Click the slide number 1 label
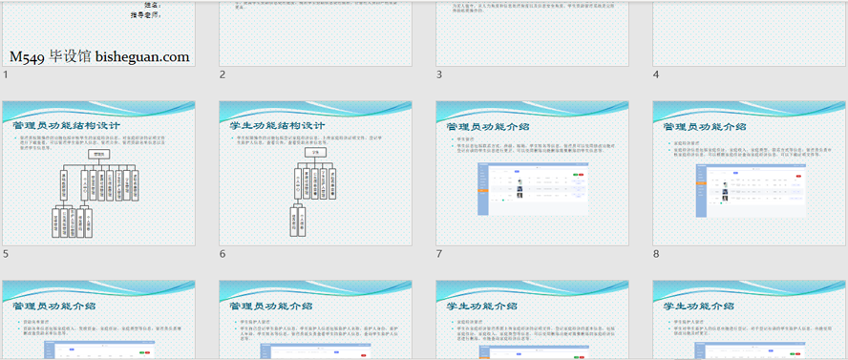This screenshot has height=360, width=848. coord(6,74)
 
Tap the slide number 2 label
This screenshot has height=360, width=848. coord(223,74)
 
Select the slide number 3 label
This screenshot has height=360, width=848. coord(439,74)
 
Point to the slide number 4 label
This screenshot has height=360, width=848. coord(656,74)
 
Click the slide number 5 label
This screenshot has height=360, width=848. coord(6,254)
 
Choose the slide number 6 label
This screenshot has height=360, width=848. coord(223,254)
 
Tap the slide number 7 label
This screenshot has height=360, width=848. coord(439,254)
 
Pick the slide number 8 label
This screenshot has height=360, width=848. coord(656,254)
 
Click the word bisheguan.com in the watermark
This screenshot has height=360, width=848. coord(142,57)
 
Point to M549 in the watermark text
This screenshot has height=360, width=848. coord(28,57)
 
